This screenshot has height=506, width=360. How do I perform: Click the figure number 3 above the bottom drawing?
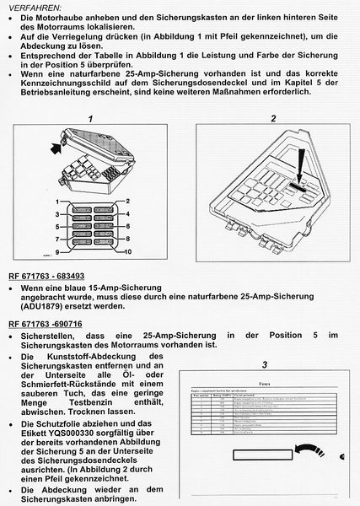point(263,365)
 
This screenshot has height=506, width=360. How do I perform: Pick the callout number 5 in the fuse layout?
point(57,227)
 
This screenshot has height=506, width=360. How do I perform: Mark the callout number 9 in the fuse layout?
point(57,252)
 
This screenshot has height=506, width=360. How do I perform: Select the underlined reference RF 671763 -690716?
point(46,323)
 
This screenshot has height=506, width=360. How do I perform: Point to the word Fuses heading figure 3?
point(263,381)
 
